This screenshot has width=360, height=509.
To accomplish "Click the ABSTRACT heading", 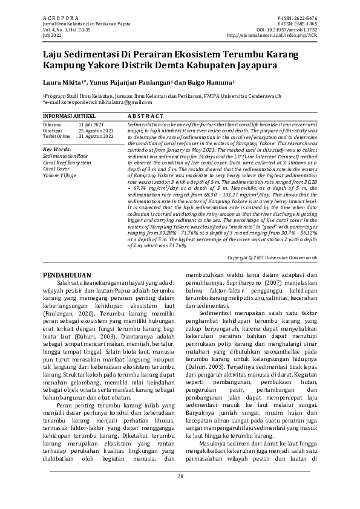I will tap(146, 115).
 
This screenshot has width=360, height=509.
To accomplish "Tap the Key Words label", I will tap(57, 149).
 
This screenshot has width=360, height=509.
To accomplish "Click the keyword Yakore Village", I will tap(59, 175).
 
